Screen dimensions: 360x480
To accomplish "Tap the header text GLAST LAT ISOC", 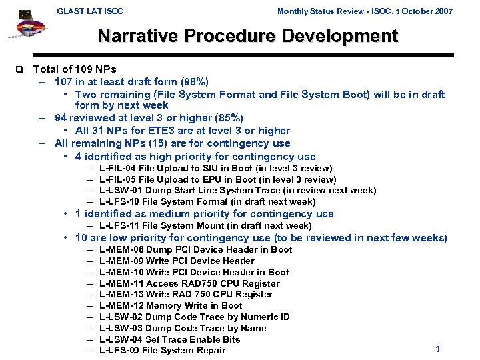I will click(90, 11).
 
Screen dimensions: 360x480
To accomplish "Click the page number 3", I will click(437, 349).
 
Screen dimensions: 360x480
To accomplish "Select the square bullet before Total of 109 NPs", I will click(19, 69).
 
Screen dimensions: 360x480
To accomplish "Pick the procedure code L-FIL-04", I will click(118, 169).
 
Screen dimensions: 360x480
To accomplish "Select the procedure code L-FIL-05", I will click(118, 179).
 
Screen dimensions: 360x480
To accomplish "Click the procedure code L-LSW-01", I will click(120, 191).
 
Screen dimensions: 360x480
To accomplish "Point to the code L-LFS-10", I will click(119, 201).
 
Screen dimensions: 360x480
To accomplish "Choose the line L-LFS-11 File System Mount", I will click(205, 226).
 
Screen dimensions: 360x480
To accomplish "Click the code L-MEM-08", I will click(121, 250).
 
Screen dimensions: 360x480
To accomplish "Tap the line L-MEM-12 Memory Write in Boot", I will click(171, 305).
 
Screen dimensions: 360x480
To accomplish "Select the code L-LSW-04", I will click(120, 339).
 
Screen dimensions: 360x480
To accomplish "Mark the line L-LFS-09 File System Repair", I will click(162, 351).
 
